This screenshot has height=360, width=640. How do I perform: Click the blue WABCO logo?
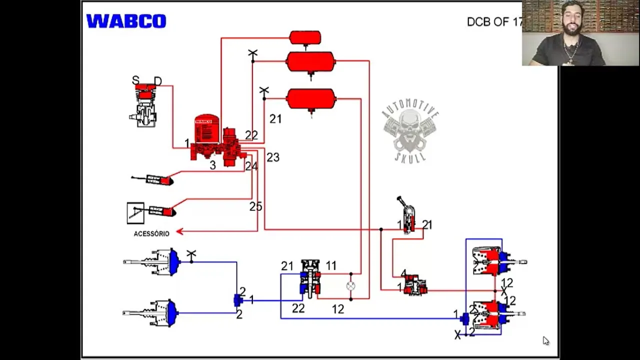pos(126,21)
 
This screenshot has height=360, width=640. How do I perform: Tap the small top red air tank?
pos(305,37)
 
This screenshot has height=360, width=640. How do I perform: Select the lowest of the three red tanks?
pos(310,99)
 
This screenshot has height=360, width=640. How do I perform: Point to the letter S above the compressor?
pos(135,80)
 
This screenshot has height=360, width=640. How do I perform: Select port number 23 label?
pos(272,157)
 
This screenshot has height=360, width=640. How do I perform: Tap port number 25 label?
pos(255,206)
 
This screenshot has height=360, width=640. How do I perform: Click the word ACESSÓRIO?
pos(151,233)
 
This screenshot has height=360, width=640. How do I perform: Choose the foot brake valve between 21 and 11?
pos(310,279)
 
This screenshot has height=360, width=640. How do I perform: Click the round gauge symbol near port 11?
pos(350,286)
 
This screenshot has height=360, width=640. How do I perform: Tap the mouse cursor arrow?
pos(545,340)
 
